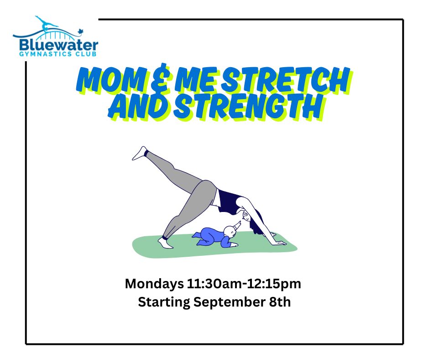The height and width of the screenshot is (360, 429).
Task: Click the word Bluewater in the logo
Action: point(59,45)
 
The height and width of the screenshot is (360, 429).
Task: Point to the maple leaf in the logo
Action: point(81,32)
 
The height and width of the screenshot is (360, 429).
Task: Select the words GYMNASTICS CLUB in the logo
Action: point(58,54)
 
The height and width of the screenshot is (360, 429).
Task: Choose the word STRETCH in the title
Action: point(287,79)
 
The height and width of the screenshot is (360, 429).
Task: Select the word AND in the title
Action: point(140,106)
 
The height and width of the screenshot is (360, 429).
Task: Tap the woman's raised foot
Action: point(140,153)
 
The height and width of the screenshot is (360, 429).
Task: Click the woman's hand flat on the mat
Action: point(279,242)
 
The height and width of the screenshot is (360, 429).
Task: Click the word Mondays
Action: point(154,284)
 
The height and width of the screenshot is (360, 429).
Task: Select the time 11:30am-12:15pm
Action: point(244,284)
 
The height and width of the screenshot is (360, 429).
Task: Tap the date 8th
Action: point(278,302)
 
